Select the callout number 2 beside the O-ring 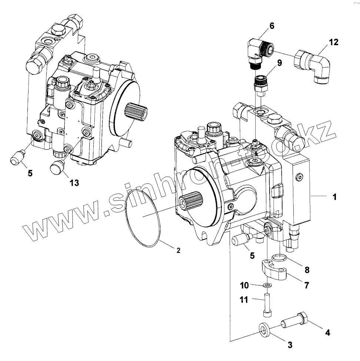(178, 251)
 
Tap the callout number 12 (334, 42)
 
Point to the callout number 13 (74, 183)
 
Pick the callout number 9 (279, 63)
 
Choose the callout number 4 (327, 332)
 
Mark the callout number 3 (290, 345)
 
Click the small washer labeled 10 (266, 285)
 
